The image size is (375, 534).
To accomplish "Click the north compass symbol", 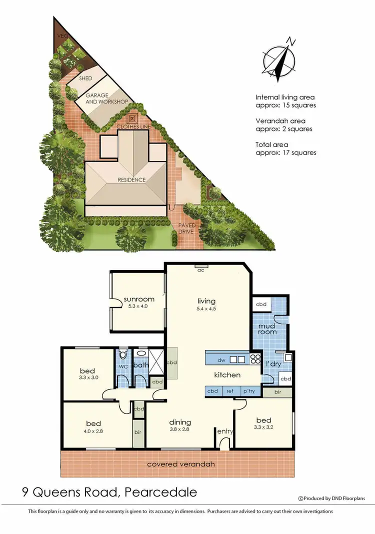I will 278,59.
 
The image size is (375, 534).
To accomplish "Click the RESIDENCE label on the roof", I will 131,179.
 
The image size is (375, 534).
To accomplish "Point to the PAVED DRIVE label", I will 187,228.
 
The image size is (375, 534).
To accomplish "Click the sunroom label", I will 138,299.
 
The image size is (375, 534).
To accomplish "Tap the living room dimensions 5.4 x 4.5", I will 206,309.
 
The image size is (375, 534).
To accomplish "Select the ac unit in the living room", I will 201,265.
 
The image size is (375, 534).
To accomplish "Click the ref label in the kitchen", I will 230,391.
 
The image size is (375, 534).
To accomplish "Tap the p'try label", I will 248,391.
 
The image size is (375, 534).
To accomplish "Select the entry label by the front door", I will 223,431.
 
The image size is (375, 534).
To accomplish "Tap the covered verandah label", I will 181,464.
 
